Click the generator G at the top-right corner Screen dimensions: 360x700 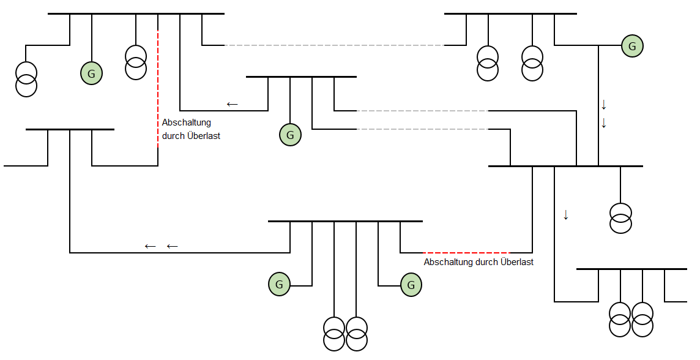tap(632, 46)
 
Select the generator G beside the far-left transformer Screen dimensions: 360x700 tap(91, 74)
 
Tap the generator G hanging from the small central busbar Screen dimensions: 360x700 tap(290, 135)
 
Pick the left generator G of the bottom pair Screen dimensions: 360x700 tap(279, 284)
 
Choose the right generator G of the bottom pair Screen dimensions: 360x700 tap(411, 285)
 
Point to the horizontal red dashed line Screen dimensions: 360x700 tap(466, 252)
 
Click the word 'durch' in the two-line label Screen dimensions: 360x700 tap(174, 136)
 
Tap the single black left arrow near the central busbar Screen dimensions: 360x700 tap(232, 104)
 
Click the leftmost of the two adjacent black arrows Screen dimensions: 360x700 tap(150, 246)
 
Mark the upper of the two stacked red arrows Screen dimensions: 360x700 tap(603, 104)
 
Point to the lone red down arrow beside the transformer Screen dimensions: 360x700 tap(566, 215)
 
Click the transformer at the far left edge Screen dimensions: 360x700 tap(26, 79)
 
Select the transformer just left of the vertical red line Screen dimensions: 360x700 tap(136, 62)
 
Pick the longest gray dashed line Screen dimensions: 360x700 tap(334, 45)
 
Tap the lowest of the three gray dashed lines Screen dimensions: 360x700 tap(422, 129)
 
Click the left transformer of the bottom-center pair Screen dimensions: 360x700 tap(334, 333)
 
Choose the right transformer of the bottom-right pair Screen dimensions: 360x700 tap(642, 319)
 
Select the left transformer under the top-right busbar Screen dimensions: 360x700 tap(488, 63)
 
